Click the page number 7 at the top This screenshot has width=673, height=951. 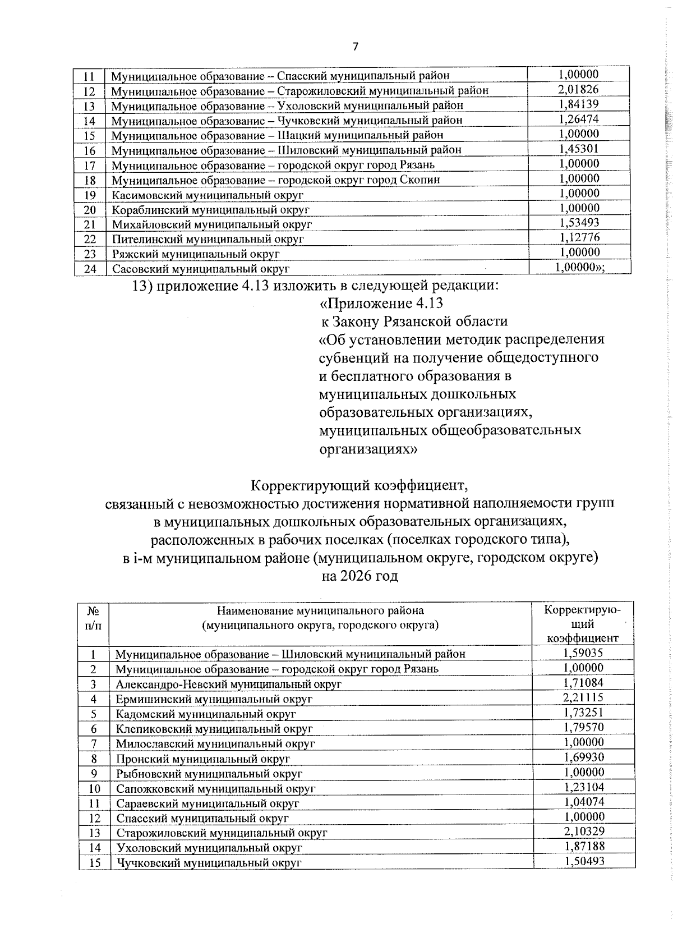coord(354,47)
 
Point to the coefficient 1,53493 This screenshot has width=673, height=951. coord(579,223)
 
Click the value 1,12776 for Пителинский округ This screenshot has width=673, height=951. coord(579,237)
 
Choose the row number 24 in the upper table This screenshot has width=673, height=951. coord(90,269)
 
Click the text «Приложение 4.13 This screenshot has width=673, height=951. coord(381,304)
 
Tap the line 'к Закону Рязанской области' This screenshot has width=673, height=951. coord(414,321)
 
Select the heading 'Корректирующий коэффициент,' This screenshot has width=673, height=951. coord(358,484)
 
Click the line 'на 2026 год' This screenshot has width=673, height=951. coord(359,576)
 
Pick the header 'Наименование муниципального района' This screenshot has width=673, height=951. coord(320,610)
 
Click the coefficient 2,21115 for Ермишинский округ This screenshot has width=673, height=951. coord(583,697)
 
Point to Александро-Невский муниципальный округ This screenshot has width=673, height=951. coord(229,684)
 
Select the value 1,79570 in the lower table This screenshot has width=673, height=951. coord(583,727)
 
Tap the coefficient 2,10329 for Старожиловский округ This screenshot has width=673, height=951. coord(583,831)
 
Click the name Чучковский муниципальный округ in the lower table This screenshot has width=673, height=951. coord(209,863)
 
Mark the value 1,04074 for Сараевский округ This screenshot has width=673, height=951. coord(583,801)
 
